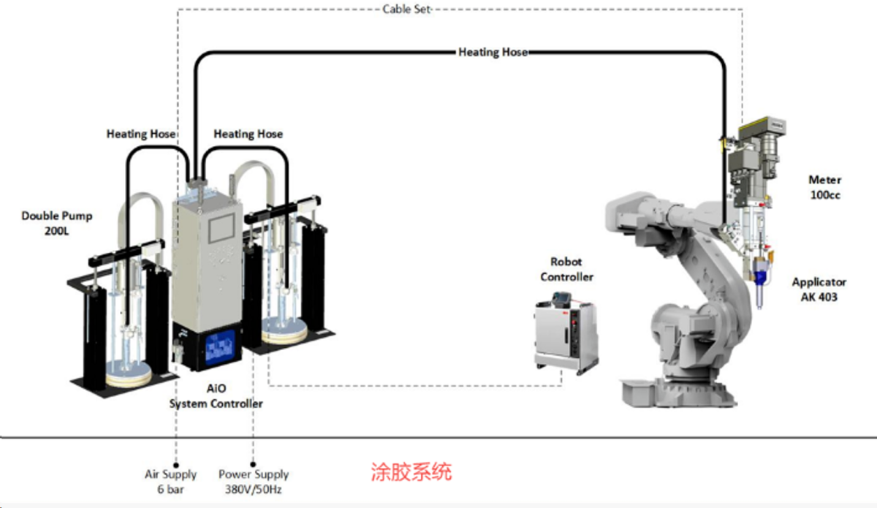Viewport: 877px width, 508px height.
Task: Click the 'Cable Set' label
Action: tap(406, 9)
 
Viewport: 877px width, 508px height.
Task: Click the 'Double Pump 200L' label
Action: tap(57, 223)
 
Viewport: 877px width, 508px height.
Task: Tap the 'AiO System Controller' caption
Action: tap(216, 396)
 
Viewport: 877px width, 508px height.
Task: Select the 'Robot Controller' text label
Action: tap(566, 270)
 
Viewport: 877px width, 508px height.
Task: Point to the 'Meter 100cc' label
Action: tap(825, 187)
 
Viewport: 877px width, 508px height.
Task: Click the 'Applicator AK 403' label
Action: tap(819, 289)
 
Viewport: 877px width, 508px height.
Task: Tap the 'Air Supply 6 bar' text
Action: tap(171, 482)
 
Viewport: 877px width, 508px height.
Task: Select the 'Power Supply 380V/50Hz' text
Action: tap(254, 482)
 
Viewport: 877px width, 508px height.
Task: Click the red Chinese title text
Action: tap(411, 471)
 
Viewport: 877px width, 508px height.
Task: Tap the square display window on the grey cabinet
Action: tap(221, 229)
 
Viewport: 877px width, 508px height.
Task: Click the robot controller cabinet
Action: tap(566, 335)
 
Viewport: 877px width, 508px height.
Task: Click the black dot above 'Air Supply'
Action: tap(176, 466)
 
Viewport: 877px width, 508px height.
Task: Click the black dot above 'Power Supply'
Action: tap(253, 465)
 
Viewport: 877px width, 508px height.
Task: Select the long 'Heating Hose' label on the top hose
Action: tap(493, 52)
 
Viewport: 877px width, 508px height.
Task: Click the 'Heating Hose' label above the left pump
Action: tap(141, 134)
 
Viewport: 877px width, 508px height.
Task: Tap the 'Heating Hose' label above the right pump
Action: tap(248, 134)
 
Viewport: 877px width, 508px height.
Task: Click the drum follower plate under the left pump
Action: tap(129, 374)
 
